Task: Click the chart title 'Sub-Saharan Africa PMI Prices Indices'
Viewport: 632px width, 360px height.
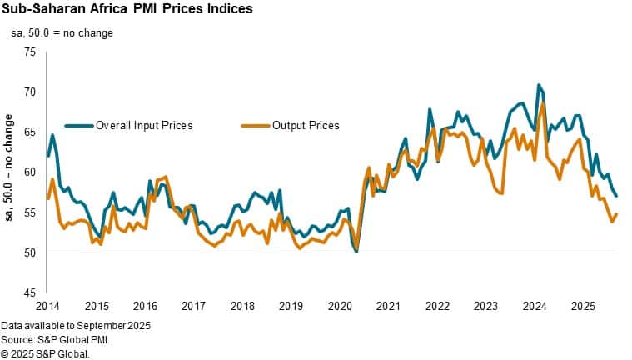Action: (127, 9)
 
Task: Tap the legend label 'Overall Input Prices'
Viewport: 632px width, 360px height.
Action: (144, 125)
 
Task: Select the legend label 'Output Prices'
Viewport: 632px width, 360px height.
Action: (306, 125)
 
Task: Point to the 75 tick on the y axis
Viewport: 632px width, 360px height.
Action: (31, 52)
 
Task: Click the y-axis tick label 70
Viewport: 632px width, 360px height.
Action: (31, 92)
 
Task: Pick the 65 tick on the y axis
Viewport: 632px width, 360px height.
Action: (31, 132)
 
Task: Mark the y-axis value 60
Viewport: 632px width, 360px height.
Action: (31, 172)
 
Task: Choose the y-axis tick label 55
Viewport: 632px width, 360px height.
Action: (31, 212)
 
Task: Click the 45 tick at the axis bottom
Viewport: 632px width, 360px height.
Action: (31, 292)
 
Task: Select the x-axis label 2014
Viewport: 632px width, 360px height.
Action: (47, 306)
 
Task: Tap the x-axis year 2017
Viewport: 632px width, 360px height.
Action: (193, 306)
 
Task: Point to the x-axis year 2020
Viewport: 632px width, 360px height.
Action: (339, 306)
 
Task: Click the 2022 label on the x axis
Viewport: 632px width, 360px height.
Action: (436, 306)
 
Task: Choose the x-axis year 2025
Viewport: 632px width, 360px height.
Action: (582, 306)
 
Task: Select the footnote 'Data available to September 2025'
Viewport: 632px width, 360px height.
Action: (76, 324)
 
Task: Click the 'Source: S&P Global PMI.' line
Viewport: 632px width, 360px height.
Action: (56, 338)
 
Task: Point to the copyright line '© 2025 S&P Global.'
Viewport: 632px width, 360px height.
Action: (45, 352)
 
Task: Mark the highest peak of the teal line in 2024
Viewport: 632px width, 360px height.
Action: (539, 85)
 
